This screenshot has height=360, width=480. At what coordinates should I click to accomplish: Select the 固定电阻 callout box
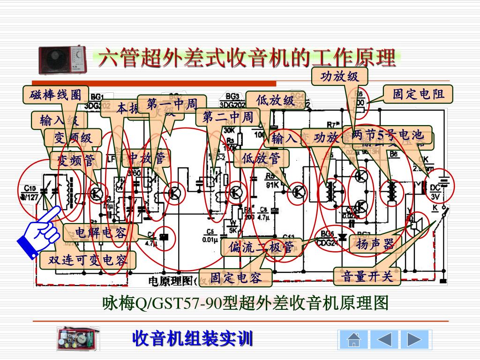418,94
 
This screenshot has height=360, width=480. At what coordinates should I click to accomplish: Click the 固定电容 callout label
235,278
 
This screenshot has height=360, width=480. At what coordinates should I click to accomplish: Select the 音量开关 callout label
367,276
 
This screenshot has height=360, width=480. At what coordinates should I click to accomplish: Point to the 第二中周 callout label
228,117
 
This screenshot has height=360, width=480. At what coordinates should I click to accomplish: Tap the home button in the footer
354,339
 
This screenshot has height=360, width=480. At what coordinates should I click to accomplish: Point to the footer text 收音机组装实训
193,338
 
